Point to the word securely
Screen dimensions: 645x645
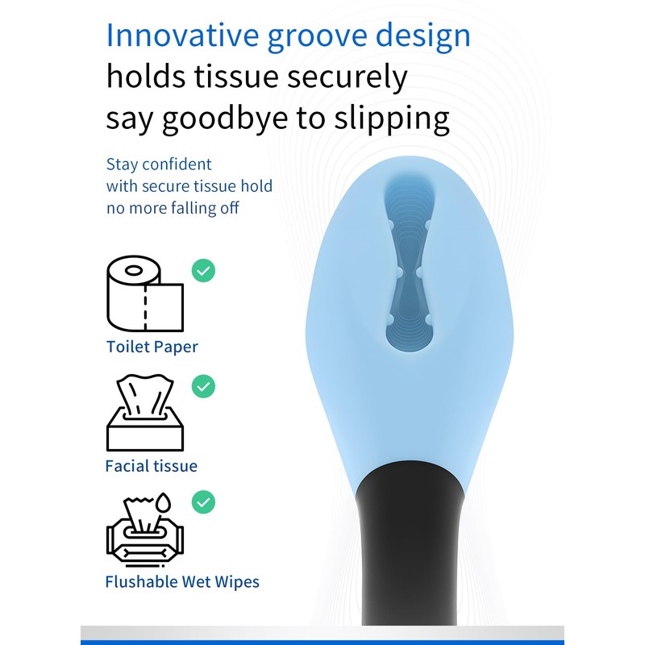click(347, 77)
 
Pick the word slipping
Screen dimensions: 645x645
click(392, 119)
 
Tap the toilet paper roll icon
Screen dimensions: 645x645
click(145, 293)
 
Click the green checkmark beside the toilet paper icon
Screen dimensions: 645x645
click(203, 270)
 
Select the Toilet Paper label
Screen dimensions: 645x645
click(152, 347)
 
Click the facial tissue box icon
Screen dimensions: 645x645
click(145, 413)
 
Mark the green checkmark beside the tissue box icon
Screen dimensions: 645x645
click(203, 386)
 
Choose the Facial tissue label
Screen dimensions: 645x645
click(152, 466)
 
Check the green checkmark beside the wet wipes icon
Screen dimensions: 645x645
click(203, 502)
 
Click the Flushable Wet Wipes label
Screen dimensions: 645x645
click(182, 581)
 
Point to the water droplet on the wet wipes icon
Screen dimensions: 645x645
click(164, 502)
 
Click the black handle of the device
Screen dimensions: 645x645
click(410, 547)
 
